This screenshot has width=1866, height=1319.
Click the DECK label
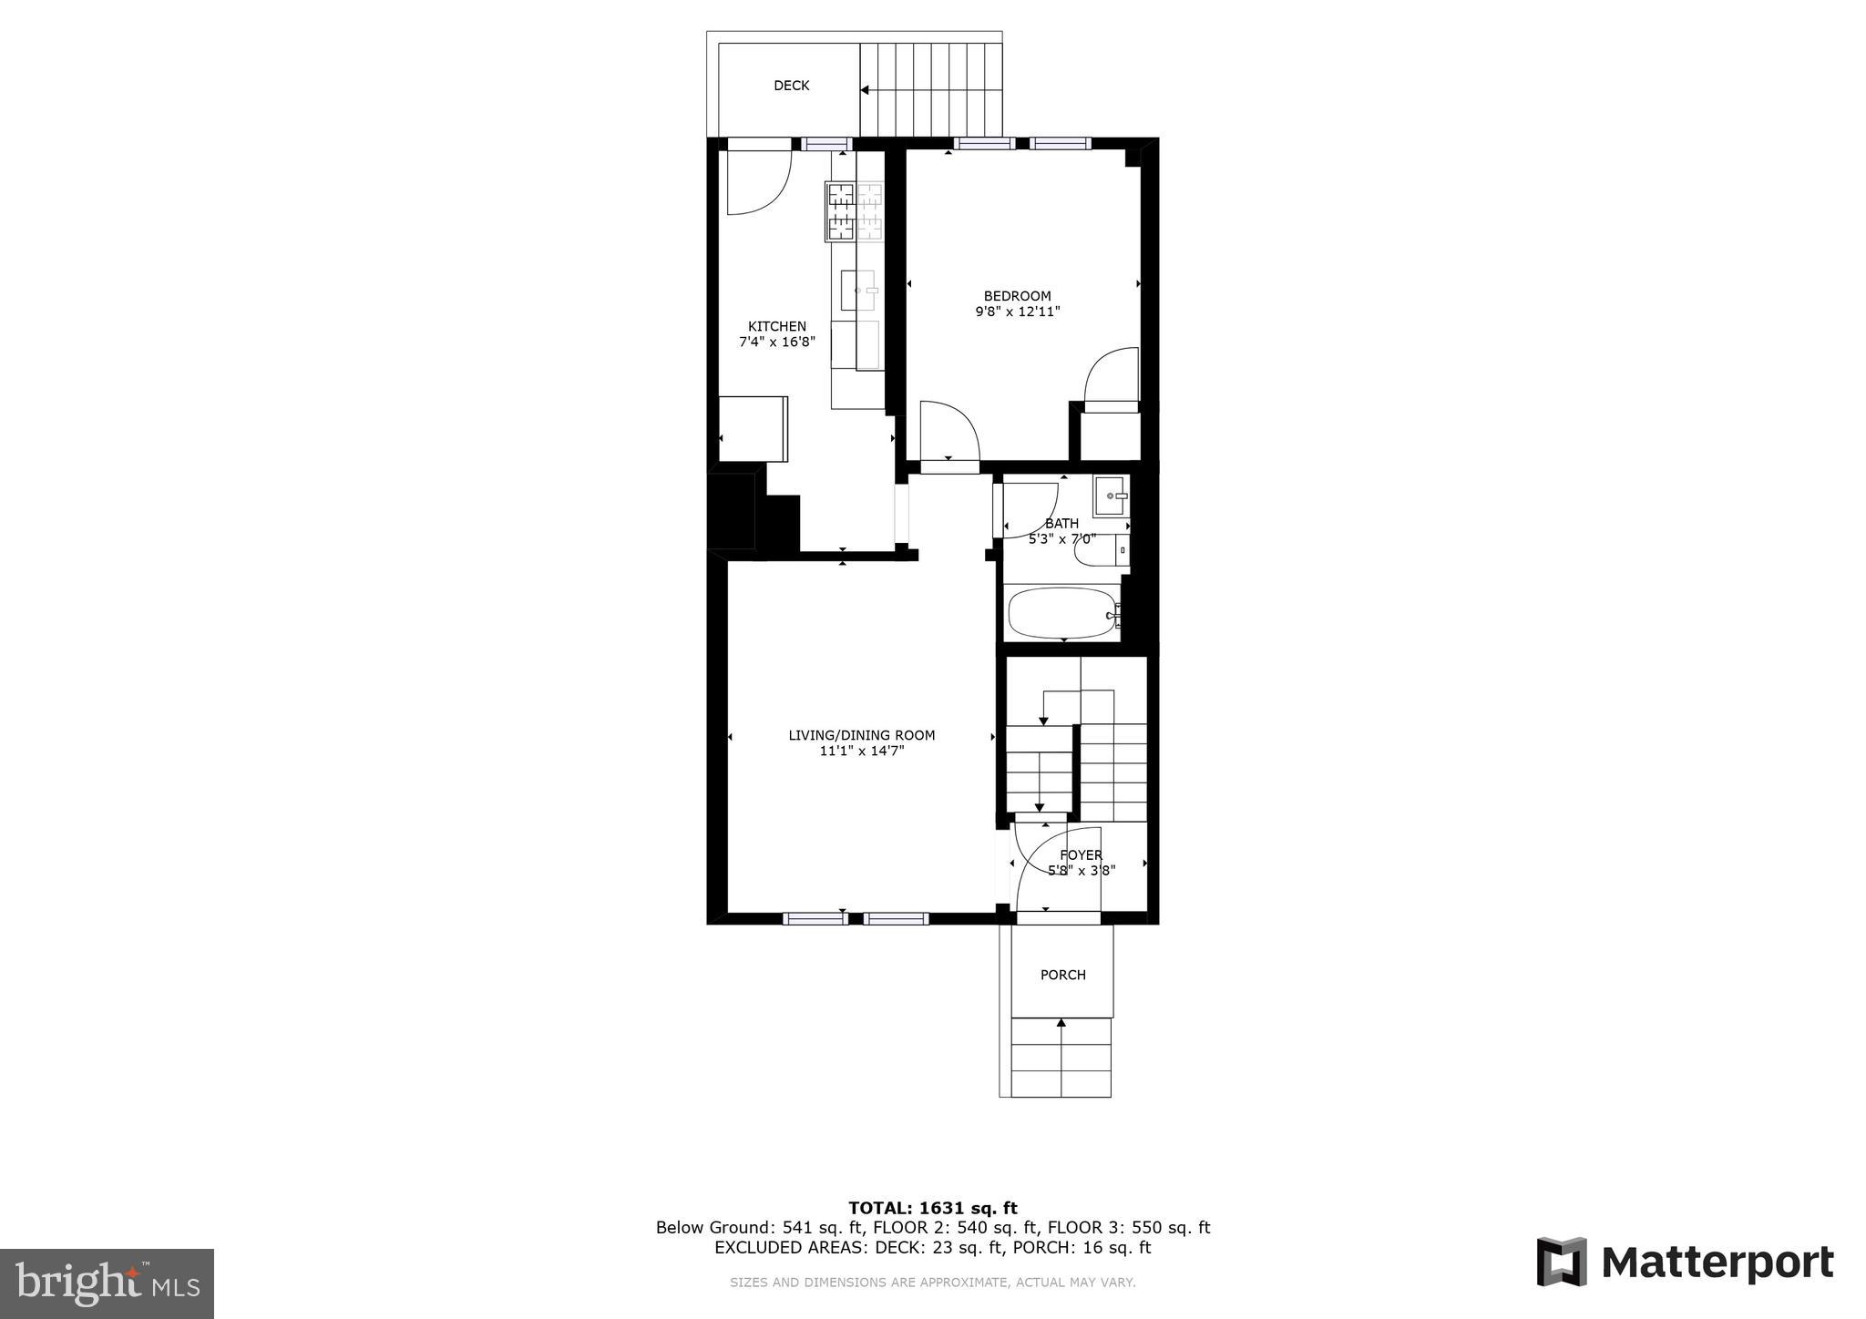791,86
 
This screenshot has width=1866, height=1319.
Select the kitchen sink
857,291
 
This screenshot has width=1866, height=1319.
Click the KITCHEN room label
777,326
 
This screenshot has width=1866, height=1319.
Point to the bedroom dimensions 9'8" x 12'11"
1017,312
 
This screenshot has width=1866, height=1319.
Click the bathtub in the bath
1061,614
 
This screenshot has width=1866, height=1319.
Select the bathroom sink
1112,496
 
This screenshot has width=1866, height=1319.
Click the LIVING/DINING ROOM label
861,735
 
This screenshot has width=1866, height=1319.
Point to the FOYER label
1081,854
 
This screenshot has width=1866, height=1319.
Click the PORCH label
1062,975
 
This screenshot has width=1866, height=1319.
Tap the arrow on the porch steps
1061,1024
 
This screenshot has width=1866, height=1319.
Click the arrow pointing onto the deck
866,90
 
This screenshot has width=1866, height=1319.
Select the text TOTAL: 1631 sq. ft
932,1208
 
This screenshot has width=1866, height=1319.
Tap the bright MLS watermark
107,1283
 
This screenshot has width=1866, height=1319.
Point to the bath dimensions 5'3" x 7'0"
1061,538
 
